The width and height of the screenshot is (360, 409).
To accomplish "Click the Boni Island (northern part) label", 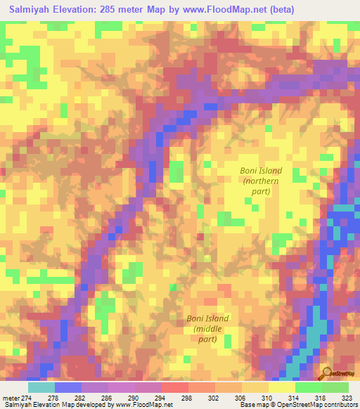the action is coord(261,181).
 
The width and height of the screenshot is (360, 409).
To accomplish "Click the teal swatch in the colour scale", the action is coord(41,387).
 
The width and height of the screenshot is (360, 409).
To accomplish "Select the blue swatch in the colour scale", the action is coord(67,387).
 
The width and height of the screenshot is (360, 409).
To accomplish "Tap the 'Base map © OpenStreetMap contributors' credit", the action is coord(299,405).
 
